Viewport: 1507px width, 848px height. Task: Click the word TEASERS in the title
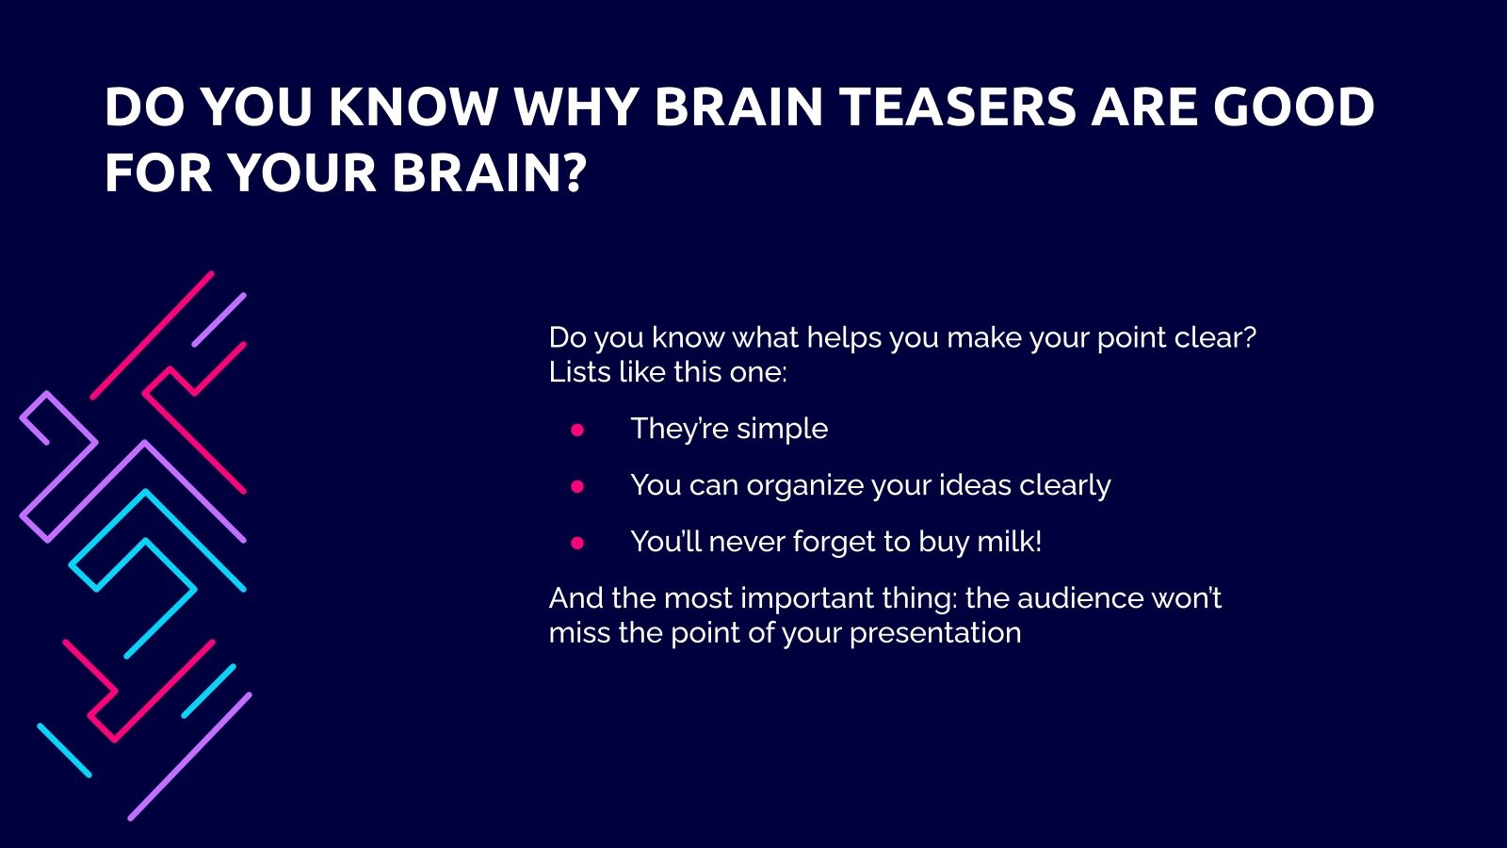click(957, 106)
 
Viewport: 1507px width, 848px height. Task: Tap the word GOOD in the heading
click(1293, 106)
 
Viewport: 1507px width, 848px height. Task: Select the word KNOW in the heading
click(412, 106)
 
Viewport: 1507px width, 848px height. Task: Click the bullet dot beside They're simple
click(577, 430)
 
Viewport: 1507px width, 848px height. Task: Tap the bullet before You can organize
click(577, 486)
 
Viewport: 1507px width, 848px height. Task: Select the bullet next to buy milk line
click(577, 543)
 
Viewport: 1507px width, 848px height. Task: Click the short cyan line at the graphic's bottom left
click(65, 750)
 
